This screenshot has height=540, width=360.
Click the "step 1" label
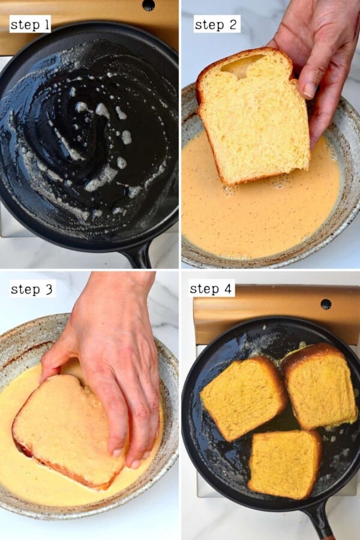tap(30, 24)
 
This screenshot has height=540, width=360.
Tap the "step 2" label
tap(217, 24)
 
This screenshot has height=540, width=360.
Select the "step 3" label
tap(32, 289)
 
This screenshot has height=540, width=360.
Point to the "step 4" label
tap(212, 289)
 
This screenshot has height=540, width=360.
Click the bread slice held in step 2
tap(252, 120)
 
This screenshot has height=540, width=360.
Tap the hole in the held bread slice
tap(242, 66)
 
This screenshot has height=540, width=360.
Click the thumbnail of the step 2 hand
tap(310, 89)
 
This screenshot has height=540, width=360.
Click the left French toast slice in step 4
tap(243, 396)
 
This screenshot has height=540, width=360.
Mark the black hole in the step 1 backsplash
tap(148, 5)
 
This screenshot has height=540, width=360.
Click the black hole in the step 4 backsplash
tap(326, 304)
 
